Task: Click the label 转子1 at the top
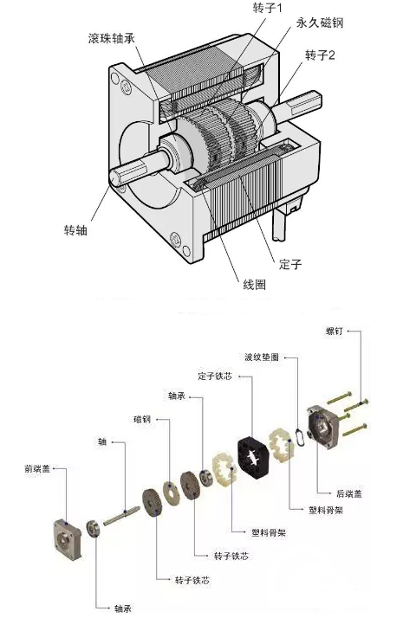(x=268, y=8)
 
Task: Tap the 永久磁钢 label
(x=320, y=23)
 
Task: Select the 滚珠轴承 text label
(x=112, y=38)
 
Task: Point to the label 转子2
(x=320, y=55)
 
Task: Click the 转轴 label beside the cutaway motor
(x=75, y=229)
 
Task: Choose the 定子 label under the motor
(x=290, y=264)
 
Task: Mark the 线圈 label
(x=254, y=284)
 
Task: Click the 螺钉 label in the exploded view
(x=335, y=331)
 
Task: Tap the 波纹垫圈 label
(x=262, y=357)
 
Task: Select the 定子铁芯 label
(x=215, y=376)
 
